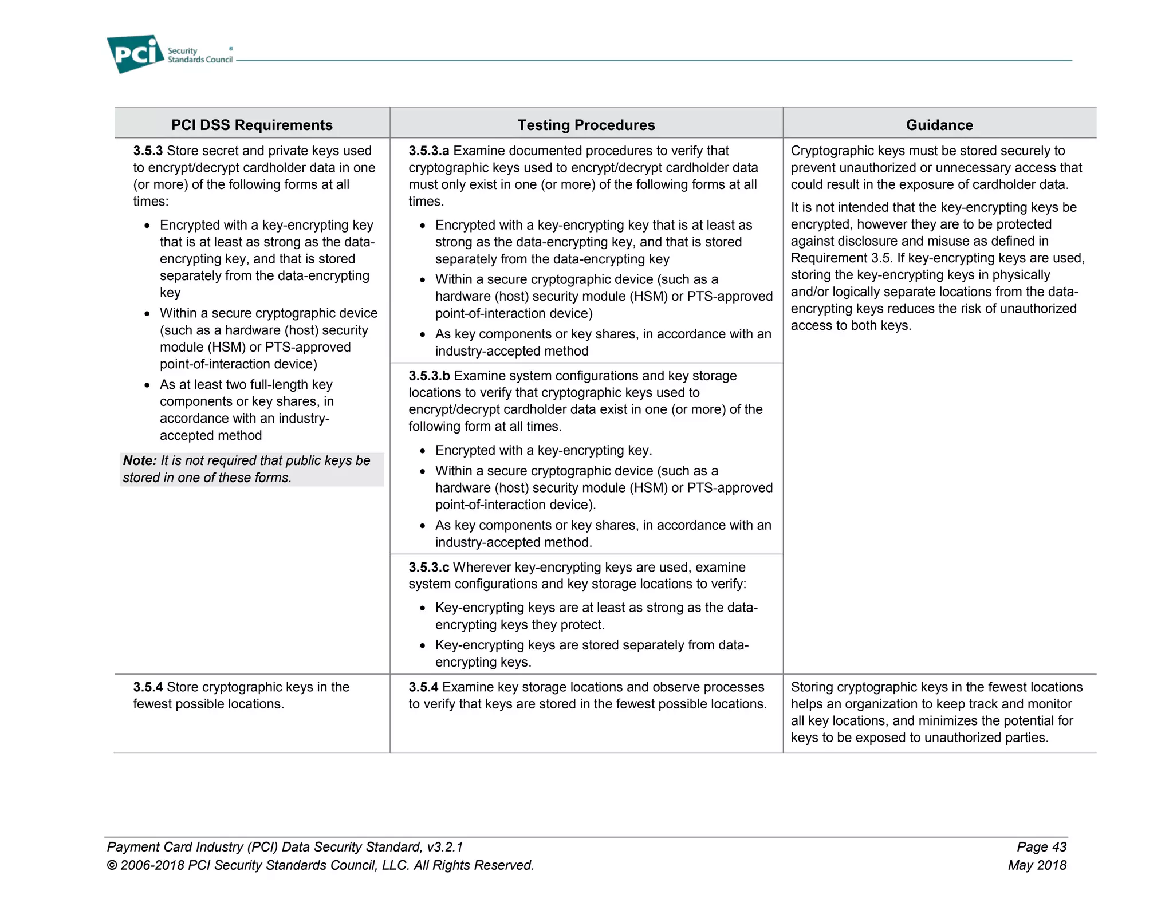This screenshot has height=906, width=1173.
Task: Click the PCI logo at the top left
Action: [135, 54]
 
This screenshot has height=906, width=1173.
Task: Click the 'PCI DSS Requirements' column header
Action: [252, 125]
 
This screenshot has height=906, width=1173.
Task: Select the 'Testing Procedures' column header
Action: [586, 125]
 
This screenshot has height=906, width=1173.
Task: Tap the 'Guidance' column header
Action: [939, 125]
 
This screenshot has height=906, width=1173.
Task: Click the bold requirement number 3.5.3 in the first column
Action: [148, 151]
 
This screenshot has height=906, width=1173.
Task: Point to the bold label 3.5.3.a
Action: [428, 151]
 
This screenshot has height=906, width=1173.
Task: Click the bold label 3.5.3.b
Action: [429, 376]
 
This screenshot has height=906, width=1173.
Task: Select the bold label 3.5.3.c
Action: [428, 567]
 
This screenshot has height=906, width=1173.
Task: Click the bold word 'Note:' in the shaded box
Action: [140, 460]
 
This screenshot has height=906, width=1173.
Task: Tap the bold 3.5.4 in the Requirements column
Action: [148, 687]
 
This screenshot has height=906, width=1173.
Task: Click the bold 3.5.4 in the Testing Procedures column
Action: [423, 687]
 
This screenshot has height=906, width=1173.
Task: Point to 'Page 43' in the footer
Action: [1041, 846]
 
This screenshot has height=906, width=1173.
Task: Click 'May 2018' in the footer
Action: [1037, 865]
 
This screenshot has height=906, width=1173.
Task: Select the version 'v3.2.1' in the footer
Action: [444, 846]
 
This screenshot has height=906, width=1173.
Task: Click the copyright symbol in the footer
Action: [112, 865]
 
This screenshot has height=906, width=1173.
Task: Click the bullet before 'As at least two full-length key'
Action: [147, 385]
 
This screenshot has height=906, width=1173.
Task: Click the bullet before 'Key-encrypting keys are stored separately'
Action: [423, 646]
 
